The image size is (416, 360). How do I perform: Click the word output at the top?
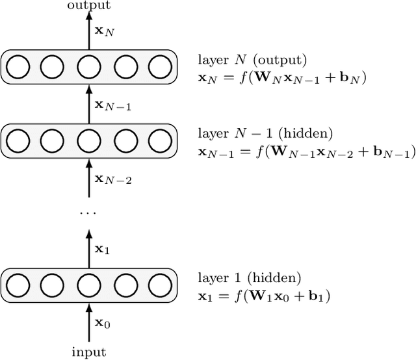[x=88, y=6]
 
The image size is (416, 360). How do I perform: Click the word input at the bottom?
[x=88, y=353]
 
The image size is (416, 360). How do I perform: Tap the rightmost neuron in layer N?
[x=159, y=67]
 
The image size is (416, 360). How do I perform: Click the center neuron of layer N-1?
[x=88, y=140]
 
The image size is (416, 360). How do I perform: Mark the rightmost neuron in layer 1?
[x=159, y=285]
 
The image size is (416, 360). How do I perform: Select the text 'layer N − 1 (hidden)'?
[x=265, y=134]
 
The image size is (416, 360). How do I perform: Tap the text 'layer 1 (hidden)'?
[x=249, y=278]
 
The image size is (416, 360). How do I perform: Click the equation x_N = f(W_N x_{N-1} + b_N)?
[x=282, y=77]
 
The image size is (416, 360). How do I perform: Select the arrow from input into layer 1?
[x=89, y=322]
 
